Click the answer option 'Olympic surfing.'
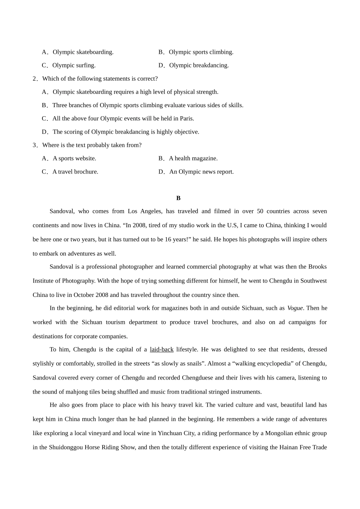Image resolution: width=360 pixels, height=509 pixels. pos(74,66)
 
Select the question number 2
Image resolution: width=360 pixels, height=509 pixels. pos(34,79)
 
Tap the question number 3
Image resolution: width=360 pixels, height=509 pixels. pos(34,145)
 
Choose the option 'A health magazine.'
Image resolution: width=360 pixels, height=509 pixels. pos(193,158)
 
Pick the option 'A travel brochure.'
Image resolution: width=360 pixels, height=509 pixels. pos(75,172)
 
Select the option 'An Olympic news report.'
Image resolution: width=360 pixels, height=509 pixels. pos(201,172)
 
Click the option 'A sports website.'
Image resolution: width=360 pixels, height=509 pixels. pos(74,158)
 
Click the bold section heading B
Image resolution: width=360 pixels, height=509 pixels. pos(178,198)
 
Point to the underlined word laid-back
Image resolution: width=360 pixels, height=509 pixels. pos(162,350)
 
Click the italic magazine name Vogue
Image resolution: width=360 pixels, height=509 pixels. pos(295,308)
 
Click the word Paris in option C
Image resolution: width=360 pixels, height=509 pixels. pos(186,119)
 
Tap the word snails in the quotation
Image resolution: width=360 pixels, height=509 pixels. pos(193,364)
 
